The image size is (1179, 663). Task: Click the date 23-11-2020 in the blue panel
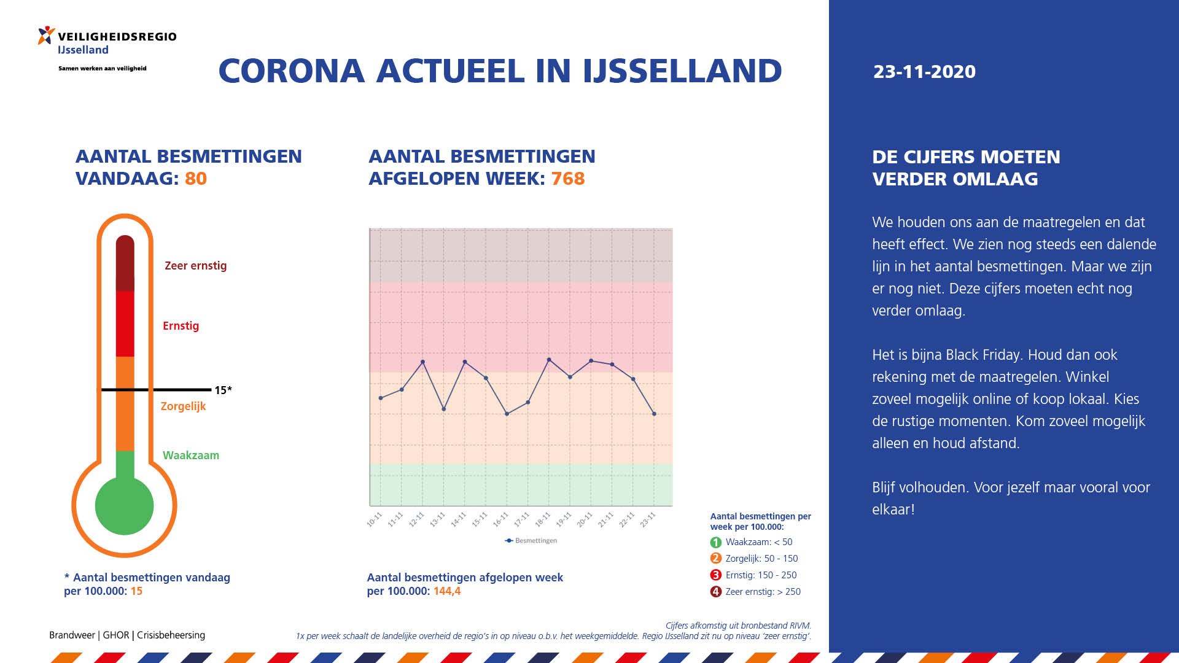pos(924,71)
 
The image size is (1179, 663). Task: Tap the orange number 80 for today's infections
pos(196,179)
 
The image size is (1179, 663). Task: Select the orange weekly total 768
pos(568,179)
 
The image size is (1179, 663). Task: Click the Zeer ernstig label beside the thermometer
pos(195,266)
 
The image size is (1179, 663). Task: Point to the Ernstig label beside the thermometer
pos(181,325)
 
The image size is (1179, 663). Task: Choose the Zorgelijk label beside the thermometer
pos(183,406)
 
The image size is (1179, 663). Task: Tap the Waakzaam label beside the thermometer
pos(191,456)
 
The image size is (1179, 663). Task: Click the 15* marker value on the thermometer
pos(223,390)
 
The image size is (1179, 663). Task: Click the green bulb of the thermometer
pos(125,506)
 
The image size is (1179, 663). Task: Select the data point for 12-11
pos(423,362)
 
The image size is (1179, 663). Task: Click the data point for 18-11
pos(549,360)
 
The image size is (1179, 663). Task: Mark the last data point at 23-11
pos(654,414)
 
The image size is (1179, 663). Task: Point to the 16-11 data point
pos(507,414)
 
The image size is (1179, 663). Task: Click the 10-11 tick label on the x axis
pos(374,519)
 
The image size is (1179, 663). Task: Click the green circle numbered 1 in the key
pos(716,543)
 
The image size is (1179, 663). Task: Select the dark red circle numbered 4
pos(716,592)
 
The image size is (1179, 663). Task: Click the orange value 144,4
pos(447,591)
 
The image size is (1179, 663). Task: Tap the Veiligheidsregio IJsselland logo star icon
pos(46,36)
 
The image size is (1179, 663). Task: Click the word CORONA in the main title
pos(292,71)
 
